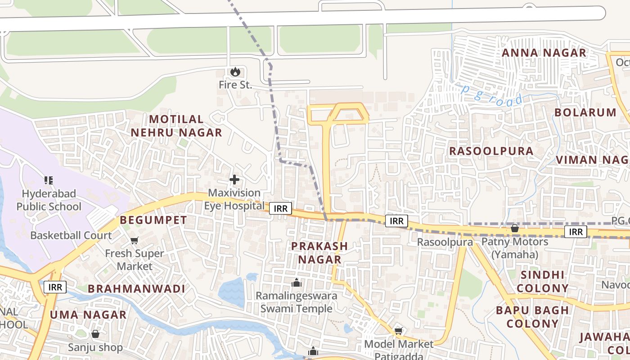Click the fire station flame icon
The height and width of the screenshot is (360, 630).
point(234,72)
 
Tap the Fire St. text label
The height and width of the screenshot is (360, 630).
point(235,85)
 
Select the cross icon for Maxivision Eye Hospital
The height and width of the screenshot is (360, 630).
point(234,180)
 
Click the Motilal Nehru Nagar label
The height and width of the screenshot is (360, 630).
point(176,126)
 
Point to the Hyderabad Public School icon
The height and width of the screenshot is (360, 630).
point(49,180)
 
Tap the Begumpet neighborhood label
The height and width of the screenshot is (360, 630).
point(153,220)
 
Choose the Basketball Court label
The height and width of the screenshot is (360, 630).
point(71,235)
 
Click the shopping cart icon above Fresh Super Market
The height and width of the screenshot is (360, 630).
point(134,241)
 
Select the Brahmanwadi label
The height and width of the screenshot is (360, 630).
point(136,289)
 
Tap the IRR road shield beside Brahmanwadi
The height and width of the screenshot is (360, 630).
point(55,287)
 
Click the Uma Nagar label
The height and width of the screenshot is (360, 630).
point(88,315)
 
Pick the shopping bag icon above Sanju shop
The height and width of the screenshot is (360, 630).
point(95,334)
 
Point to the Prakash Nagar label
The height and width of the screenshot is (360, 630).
point(319,253)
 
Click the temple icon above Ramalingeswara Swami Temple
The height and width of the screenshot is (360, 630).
point(296,283)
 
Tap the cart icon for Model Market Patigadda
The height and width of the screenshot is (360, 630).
point(398,331)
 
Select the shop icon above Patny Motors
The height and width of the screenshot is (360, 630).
point(514,229)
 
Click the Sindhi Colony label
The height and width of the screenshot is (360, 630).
point(542,281)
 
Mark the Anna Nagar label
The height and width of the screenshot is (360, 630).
point(544,53)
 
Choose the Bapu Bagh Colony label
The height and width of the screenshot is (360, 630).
point(532,317)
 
